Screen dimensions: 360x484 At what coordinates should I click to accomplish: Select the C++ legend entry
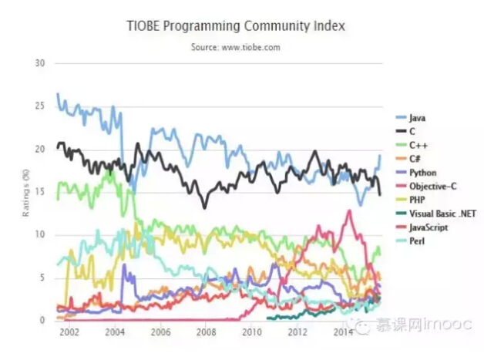coord(418,144)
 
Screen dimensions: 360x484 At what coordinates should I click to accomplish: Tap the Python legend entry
coord(423,172)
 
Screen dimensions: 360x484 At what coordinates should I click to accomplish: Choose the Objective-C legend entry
coord(431,186)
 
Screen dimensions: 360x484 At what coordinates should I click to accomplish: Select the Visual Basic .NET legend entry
coord(439,214)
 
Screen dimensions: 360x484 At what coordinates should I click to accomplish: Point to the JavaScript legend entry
coord(429,227)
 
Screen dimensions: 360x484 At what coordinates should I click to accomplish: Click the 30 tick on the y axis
coord(41,62)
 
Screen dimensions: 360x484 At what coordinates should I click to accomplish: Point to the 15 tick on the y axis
coord(41,191)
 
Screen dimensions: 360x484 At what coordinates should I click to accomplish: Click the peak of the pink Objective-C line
coord(350,210)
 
